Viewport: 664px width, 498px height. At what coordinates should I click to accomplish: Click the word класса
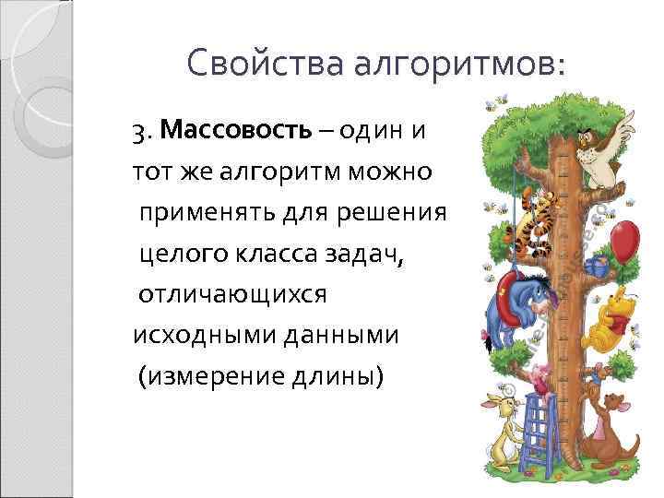(x=284, y=254)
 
